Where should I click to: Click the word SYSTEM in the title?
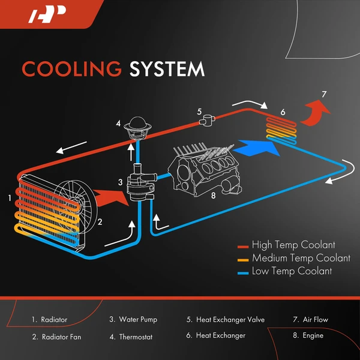coord(167,69)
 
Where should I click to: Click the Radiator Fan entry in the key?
coord(61,336)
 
